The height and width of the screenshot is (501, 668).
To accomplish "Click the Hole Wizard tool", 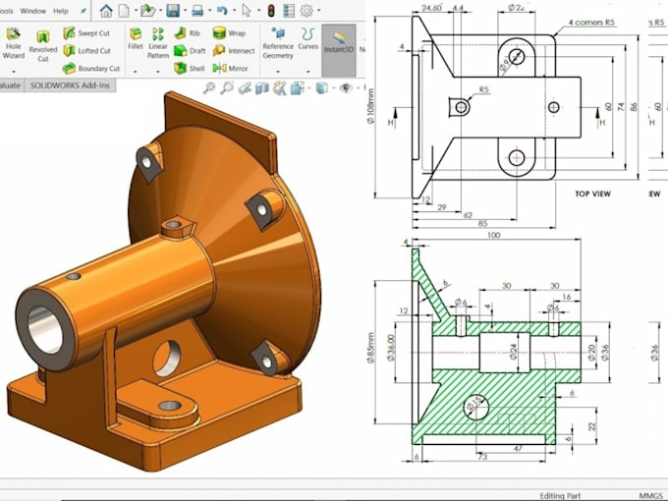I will (14, 42).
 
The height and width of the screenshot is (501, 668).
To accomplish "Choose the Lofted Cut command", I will (89, 51).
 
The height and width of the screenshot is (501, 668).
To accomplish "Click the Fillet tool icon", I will (136, 38).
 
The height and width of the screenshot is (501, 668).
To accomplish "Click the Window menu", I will (32, 11).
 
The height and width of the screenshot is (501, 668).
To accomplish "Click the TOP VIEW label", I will (592, 195).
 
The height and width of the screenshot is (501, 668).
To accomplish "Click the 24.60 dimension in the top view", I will (430, 9).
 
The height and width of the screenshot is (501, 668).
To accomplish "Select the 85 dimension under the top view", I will (481, 223).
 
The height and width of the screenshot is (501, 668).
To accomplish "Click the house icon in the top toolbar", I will (106, 11).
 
